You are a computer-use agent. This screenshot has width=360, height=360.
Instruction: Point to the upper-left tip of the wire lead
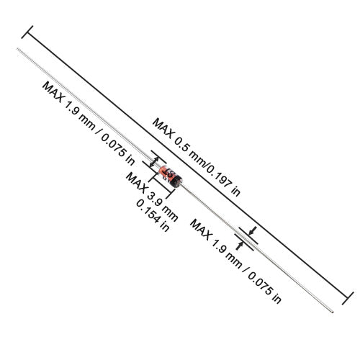point(18,50)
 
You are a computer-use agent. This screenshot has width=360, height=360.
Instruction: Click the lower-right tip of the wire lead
point(333,312)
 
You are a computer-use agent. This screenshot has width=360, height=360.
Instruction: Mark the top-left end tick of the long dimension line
point(29,31)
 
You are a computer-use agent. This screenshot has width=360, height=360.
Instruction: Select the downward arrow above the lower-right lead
point(251,231)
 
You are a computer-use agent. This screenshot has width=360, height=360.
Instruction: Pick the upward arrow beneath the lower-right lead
point(238,245)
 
